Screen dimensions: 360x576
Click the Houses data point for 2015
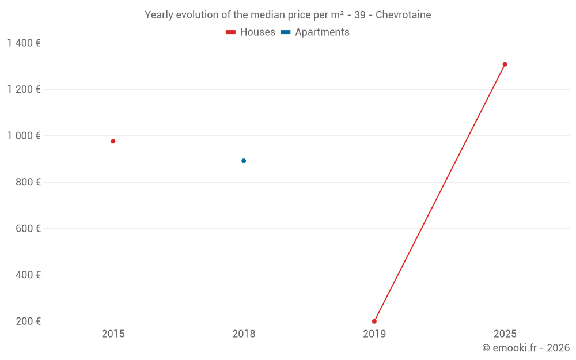pos(113,141)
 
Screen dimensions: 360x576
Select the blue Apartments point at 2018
pos(244,161)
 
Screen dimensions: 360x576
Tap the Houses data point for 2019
pos(374,321)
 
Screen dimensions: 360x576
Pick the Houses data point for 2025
pos(505,65)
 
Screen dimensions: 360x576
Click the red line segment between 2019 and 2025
pos(439,193)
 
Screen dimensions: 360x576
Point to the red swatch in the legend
pos(231,32)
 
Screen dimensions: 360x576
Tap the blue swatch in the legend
pos(286,32)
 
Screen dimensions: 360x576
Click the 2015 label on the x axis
pos(113,334)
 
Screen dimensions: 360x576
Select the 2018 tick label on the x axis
pos(244,334)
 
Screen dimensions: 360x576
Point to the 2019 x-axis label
pos(374,334)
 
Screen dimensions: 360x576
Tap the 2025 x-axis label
pos(505,334)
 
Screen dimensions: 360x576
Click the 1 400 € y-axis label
pos(24,43)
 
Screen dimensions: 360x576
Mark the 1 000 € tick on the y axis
pos(24,136)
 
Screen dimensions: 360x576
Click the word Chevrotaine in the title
pos(403,15)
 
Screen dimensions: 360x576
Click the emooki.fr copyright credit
pos(526,348)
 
